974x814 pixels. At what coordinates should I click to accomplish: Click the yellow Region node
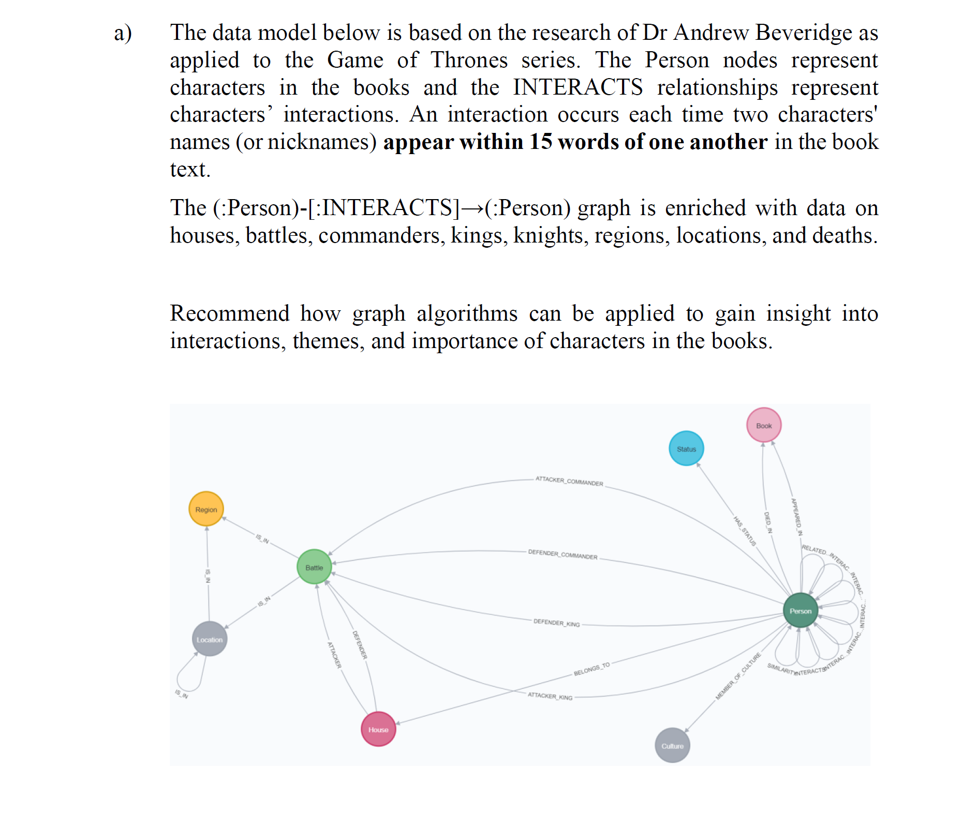pyautogui.click(x=206, y=509)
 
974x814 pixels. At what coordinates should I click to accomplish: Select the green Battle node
pyautogui.click(x=314, y=567)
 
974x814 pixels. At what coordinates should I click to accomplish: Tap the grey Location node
pyautogui.click(x=209, y=639)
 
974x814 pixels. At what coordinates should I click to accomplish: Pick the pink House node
pyautogui.click(x=378, y=729)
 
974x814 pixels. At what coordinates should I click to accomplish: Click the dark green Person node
pyautogui.click(x=800, y=611)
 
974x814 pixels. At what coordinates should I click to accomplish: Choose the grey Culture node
pyautogui.click(x=672, y=745)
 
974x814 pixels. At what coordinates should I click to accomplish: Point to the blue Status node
pyautogui.click(x=686, y=448)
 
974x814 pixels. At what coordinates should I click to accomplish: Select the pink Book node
pyautogui.click(x=764, y=425)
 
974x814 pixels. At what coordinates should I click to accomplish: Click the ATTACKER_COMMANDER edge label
pyautogui.click(x=569, y=481)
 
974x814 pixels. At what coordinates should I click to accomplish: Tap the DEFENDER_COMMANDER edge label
pyautogui.click(x=563, y=554)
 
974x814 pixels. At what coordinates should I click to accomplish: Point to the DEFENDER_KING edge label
pyautogui.click(x=556, y=623)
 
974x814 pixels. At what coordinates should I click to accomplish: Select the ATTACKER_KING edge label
pyautogui.click(x=550, y=696)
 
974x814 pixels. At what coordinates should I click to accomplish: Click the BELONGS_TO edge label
pyautogui.click(x=592, y=669)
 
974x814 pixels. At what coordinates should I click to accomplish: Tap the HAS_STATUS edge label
pyautogui.click(x=745, y=531)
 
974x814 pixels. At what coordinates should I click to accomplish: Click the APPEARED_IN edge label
pyautogui.click(x=797, y=516)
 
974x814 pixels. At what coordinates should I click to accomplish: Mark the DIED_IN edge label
pyautogui.click(x=769, y=522)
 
